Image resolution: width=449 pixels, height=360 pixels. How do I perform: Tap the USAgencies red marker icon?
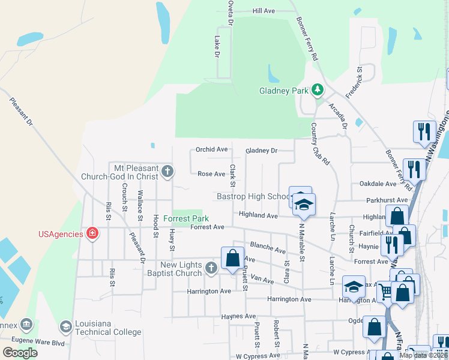(x=92, y=233)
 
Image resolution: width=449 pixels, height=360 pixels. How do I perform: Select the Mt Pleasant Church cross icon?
(x=167, y=173)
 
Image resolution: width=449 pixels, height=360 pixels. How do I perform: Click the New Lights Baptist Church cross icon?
(x=211, y=268)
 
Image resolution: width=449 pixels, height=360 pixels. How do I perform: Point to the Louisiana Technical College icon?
(x=66, y=327)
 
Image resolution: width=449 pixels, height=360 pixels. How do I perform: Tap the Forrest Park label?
(x=186, y=218)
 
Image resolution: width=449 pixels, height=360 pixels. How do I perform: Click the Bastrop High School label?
(x=253, y=196)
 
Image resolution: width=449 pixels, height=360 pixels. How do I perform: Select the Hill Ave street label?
(x=264, y=11)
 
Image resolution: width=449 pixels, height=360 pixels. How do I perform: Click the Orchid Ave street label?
(x=212, y=149)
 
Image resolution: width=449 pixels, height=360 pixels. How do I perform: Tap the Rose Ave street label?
(x=211, y=174)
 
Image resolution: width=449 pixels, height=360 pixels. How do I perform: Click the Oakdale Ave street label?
(x=378, y=184)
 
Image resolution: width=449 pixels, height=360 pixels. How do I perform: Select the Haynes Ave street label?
(x=238, y=316)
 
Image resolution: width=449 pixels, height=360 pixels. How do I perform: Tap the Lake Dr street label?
(x=217, y=47)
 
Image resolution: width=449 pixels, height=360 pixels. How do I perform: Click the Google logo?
(x=20, y=353)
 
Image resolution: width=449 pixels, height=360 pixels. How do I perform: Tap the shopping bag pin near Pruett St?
(x=232, y=258)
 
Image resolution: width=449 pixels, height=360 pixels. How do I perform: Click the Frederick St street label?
(x=354, y=83)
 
